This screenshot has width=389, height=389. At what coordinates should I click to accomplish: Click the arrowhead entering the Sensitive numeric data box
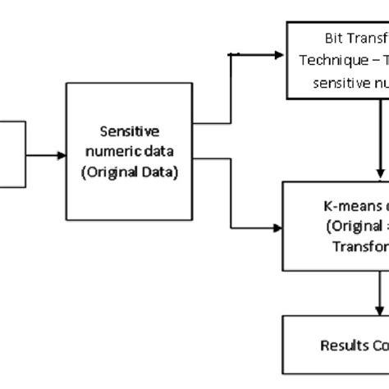[62, 154]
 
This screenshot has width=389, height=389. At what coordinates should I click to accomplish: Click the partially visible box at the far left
[11, 154]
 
